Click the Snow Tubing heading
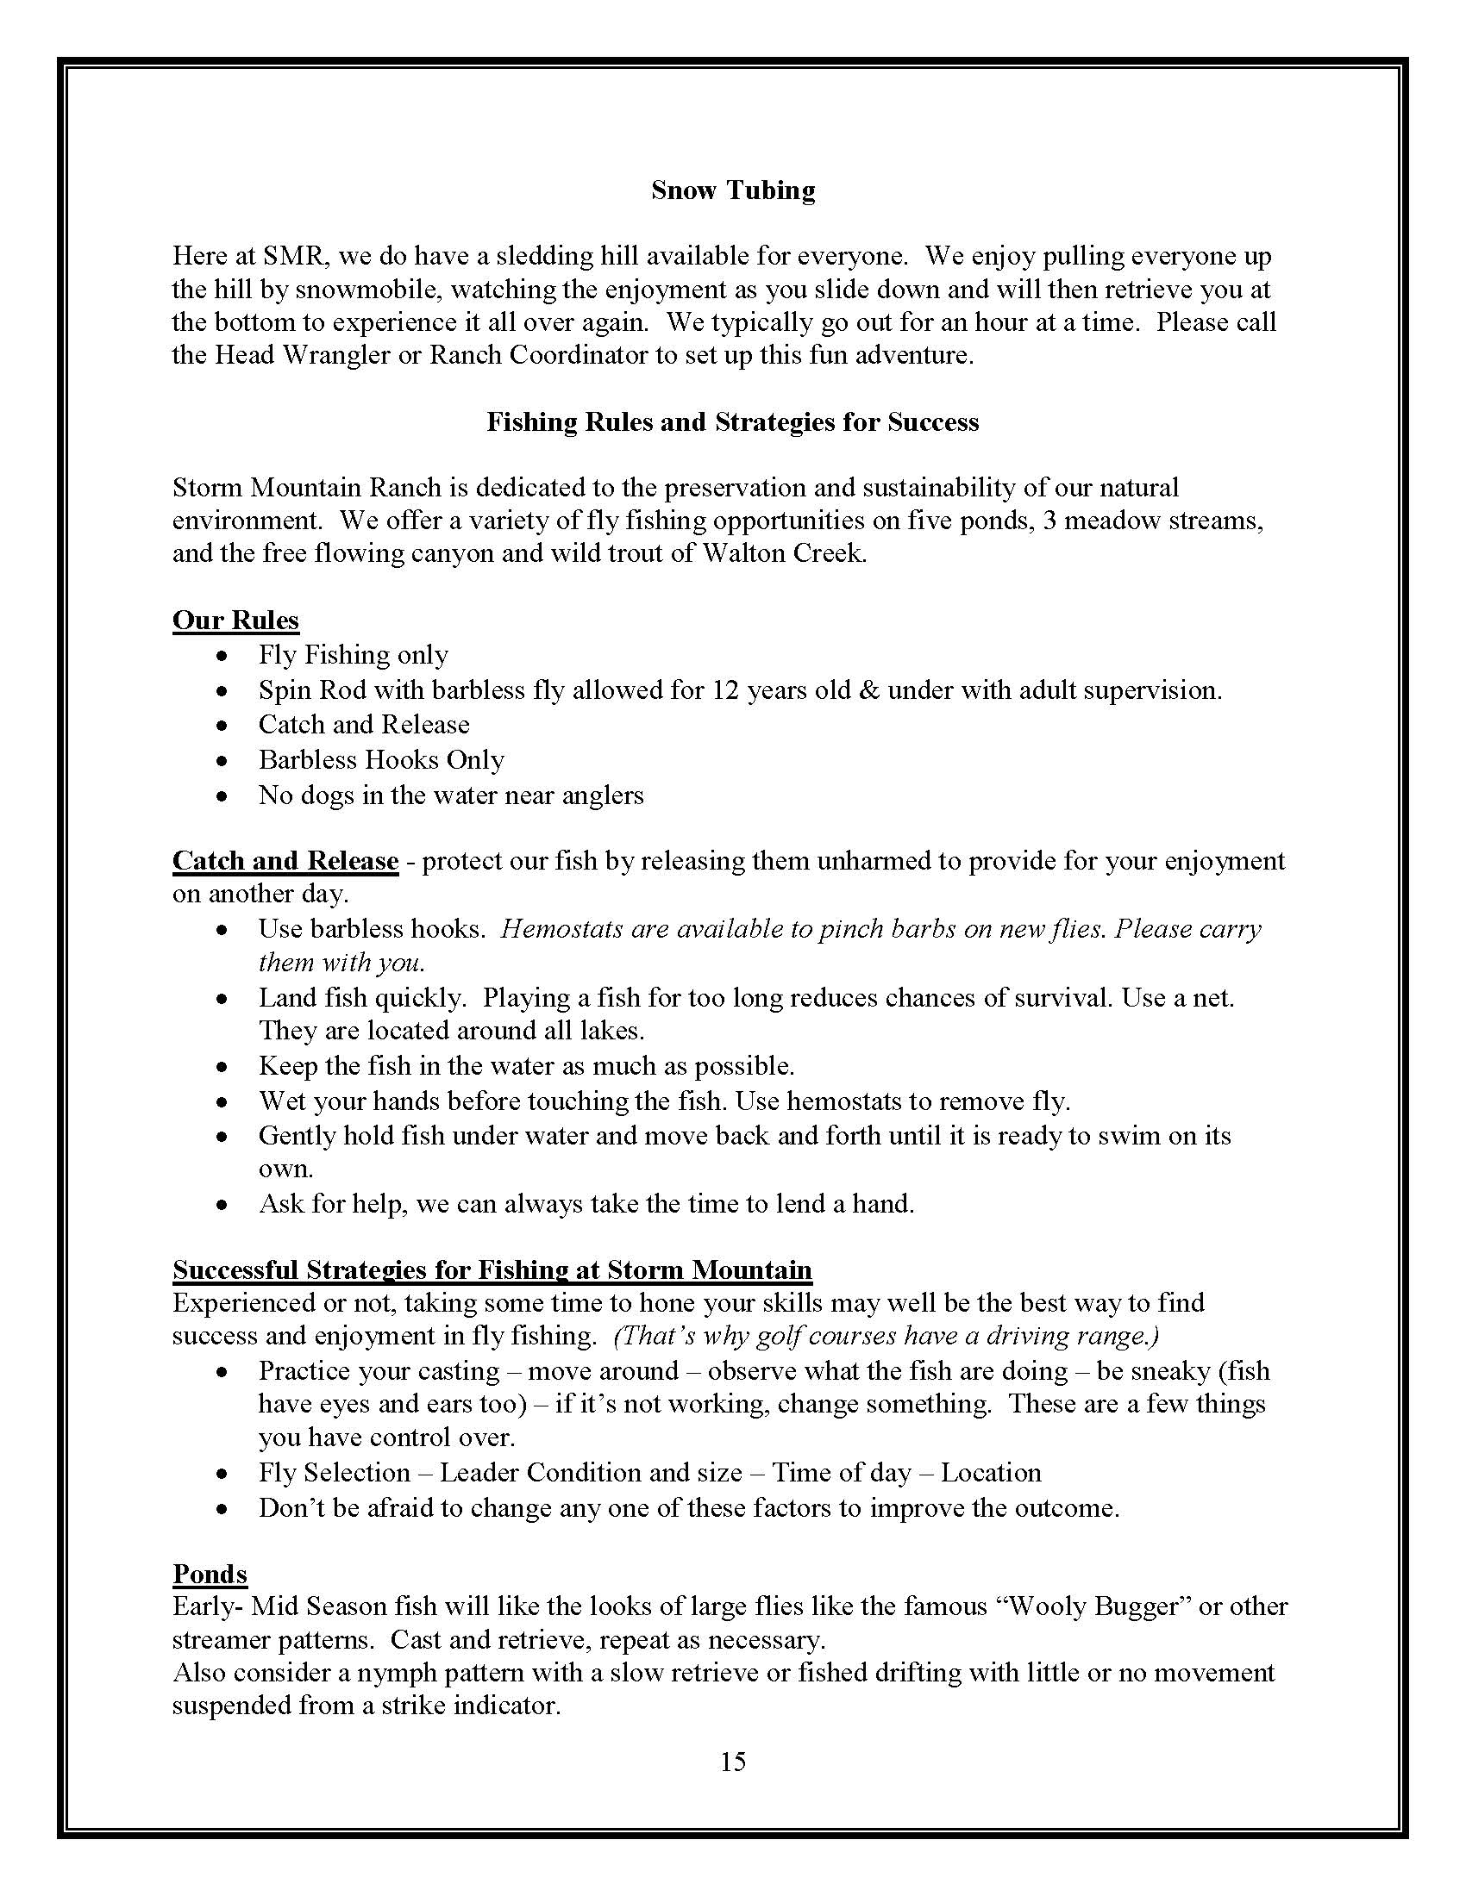click(x=733, y=190)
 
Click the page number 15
click(x=732, y=1761)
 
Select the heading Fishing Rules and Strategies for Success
click(x=732, y=422)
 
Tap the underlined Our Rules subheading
click(x=235, y=620)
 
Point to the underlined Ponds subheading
click(x=210, y=1573)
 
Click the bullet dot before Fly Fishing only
click(x=223, y=657)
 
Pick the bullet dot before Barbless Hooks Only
click(x=223, y=761)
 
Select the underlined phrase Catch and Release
click(x=285, y=861)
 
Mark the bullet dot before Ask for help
click(x=223, y=1206)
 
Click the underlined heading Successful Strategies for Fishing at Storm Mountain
click(x=492, y=1270)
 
